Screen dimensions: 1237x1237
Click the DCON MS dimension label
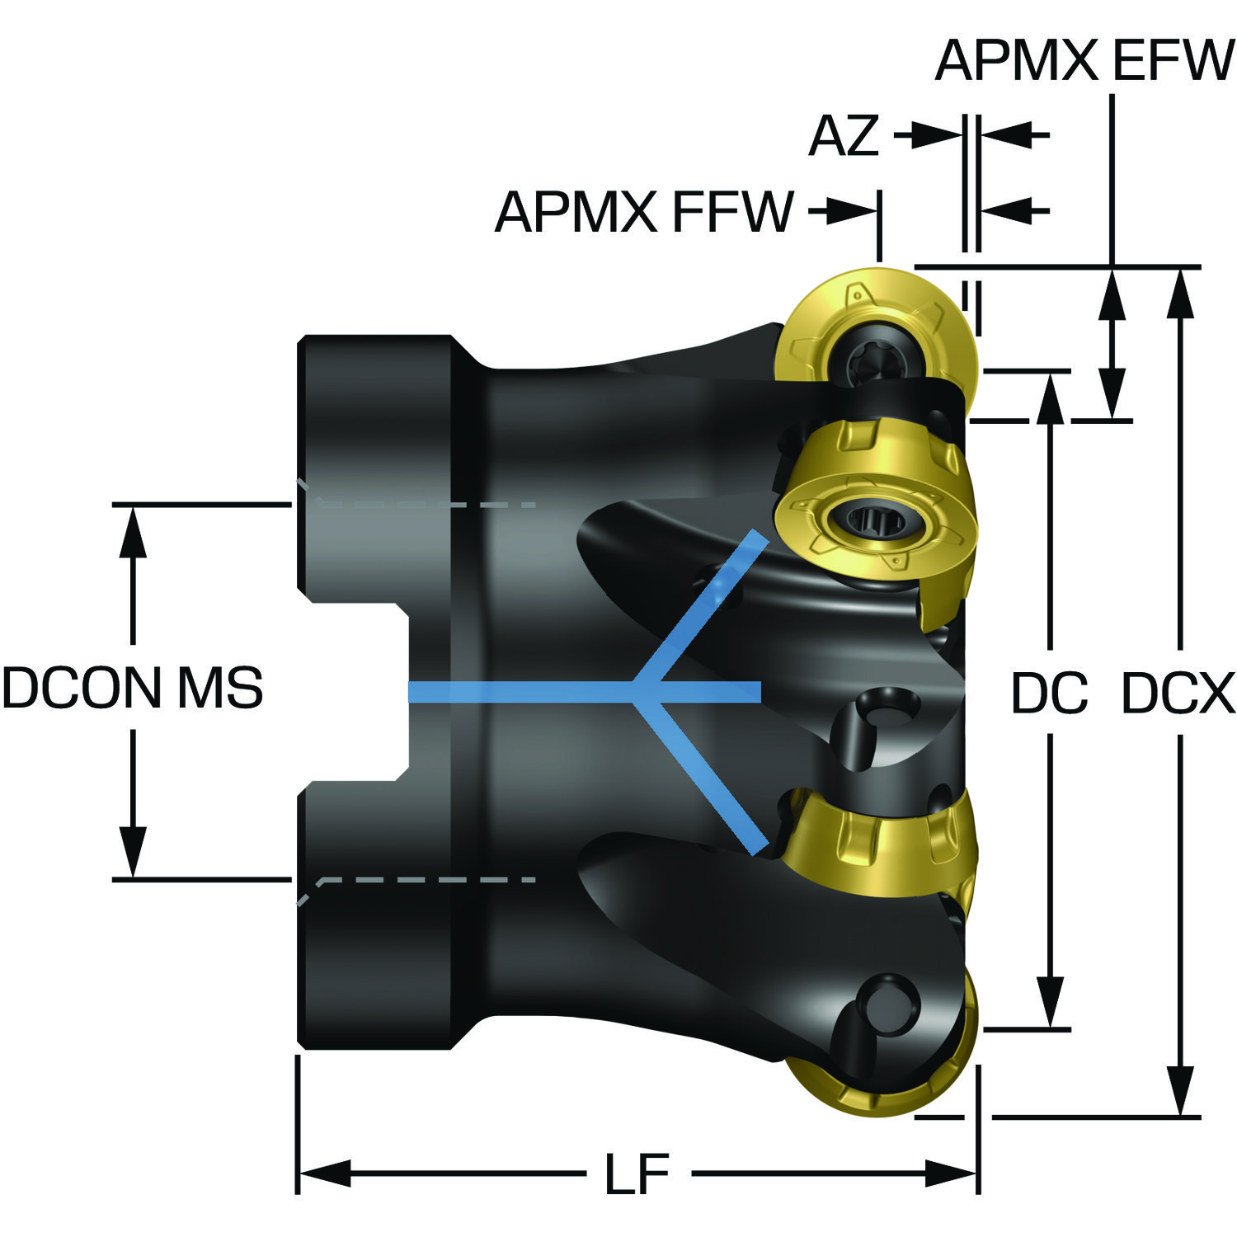132,688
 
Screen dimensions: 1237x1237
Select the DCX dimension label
1178,694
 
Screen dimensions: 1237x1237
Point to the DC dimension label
1049,694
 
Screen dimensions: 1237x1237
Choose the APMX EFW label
1084,59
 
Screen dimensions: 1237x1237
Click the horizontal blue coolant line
584,693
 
